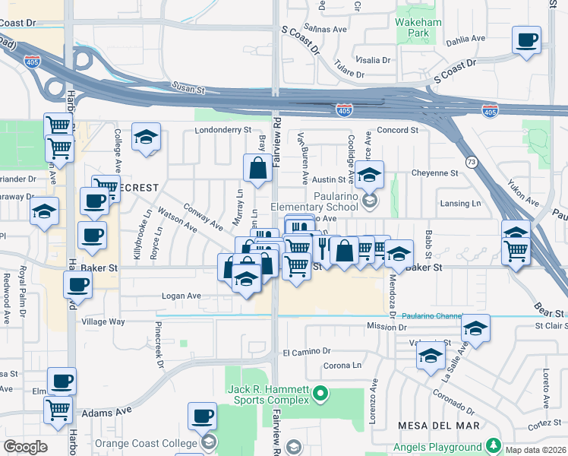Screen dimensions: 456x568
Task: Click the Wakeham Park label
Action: click(x=418, y=27)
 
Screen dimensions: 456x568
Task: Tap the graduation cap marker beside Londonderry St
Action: click(x=146, y=137)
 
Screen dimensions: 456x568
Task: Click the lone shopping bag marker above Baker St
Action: click(x=257, y=169)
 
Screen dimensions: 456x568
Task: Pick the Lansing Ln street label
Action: click(x=461, y=204)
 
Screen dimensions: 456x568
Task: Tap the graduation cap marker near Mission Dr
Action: click(x=475, y=328)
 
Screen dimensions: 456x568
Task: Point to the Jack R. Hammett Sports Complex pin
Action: click(x=320, y=393)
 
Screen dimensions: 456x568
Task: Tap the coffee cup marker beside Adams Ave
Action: click(x=203, y=416)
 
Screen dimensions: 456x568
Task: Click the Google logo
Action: click(x=25, y=447)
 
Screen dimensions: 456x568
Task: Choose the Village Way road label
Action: click(x=103, y=321)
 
